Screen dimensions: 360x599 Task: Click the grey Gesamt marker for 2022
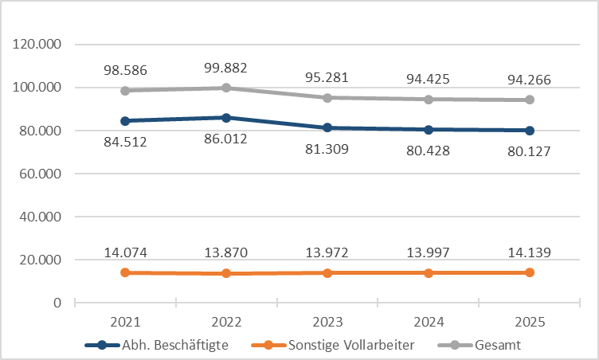click(x=226, y=88)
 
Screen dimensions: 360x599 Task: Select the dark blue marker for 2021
click(x=125, y=121)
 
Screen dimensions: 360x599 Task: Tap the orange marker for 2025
click(x=529, y=272)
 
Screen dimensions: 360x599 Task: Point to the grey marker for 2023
click(x=327, y=98)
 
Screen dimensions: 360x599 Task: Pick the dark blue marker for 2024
click(x=429, y=130)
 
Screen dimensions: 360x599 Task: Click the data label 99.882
click(x=226, y=69)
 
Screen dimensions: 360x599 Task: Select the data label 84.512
click(x=125, y=143)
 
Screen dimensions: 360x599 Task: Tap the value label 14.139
click(x=529, y=252)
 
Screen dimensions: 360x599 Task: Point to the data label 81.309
click(x=327, y=149)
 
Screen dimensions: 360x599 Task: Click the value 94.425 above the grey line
click(x=429, y=80)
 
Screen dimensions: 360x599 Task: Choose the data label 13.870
click(x=226, y=252)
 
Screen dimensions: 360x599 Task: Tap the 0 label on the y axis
click(x=58, y=303)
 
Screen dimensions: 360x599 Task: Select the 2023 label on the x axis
click(x=327, y=323)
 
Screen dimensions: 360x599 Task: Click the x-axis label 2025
click(x=529, y=323)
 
